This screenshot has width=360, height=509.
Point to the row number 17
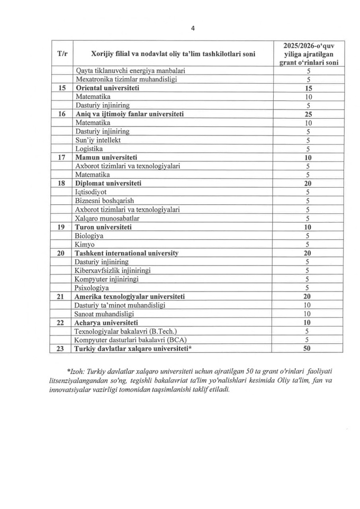click(61, 158)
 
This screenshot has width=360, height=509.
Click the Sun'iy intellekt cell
click(98, 140)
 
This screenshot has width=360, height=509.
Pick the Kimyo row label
click(85, 244)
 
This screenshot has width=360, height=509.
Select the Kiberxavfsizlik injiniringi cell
click(113, 270)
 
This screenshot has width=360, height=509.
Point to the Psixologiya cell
click(92, 288)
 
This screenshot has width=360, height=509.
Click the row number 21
click(61, 296)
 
